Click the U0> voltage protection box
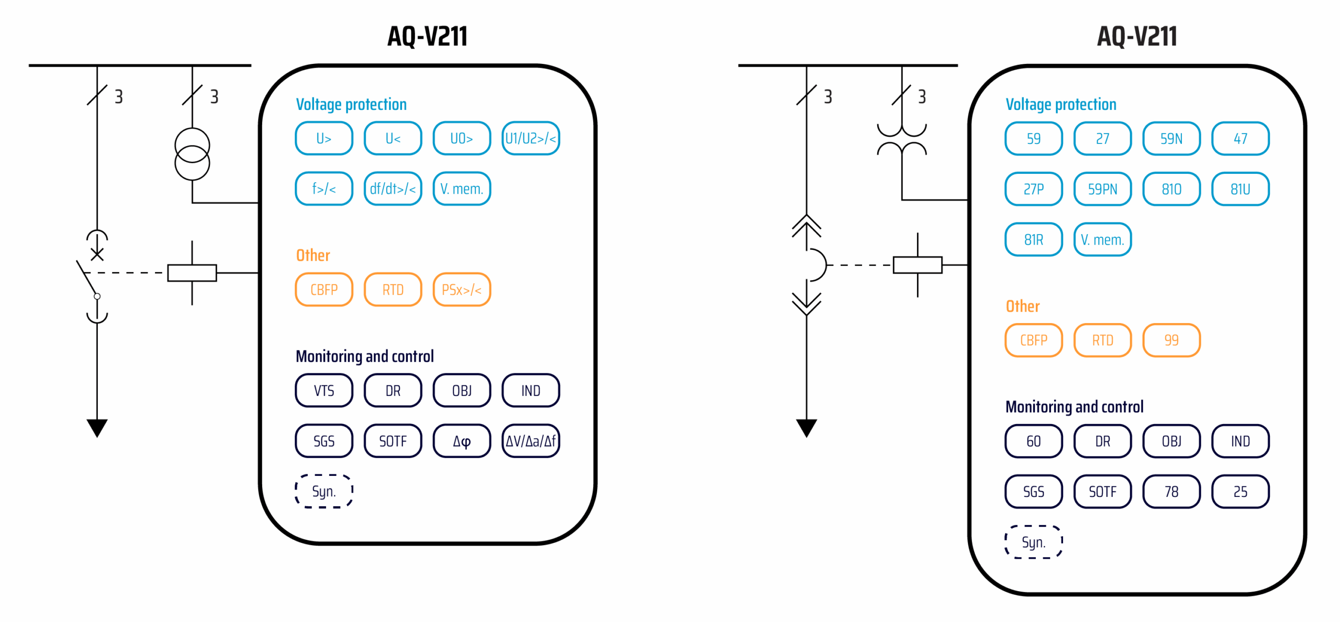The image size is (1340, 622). [x=462, y=138]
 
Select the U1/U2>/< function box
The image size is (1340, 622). [x=531, y=138]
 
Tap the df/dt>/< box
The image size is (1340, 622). [x=393, y=188]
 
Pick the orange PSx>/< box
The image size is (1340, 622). [x=462, y=290]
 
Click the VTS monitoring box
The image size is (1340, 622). [x=324, y=391]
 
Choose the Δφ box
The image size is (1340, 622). [x=462, y=441]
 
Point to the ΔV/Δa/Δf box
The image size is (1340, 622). [x=531, y=441]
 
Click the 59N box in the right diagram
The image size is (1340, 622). [x=1171, y=138]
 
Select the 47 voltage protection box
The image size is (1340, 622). [x=1241, y=138]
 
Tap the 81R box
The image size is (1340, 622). [x=1034, y=239]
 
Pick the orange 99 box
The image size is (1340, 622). [x=1171, y=340]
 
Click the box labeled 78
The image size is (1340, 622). [x=1171, y=492]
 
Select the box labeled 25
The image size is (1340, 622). [x=1241, y=492]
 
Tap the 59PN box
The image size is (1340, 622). [x=1102, y=188]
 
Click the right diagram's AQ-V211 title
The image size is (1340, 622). [x=1137, y=36]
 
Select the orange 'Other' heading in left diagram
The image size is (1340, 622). [x=313, y=255]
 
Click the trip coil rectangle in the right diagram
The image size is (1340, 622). [x=917, y=265]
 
